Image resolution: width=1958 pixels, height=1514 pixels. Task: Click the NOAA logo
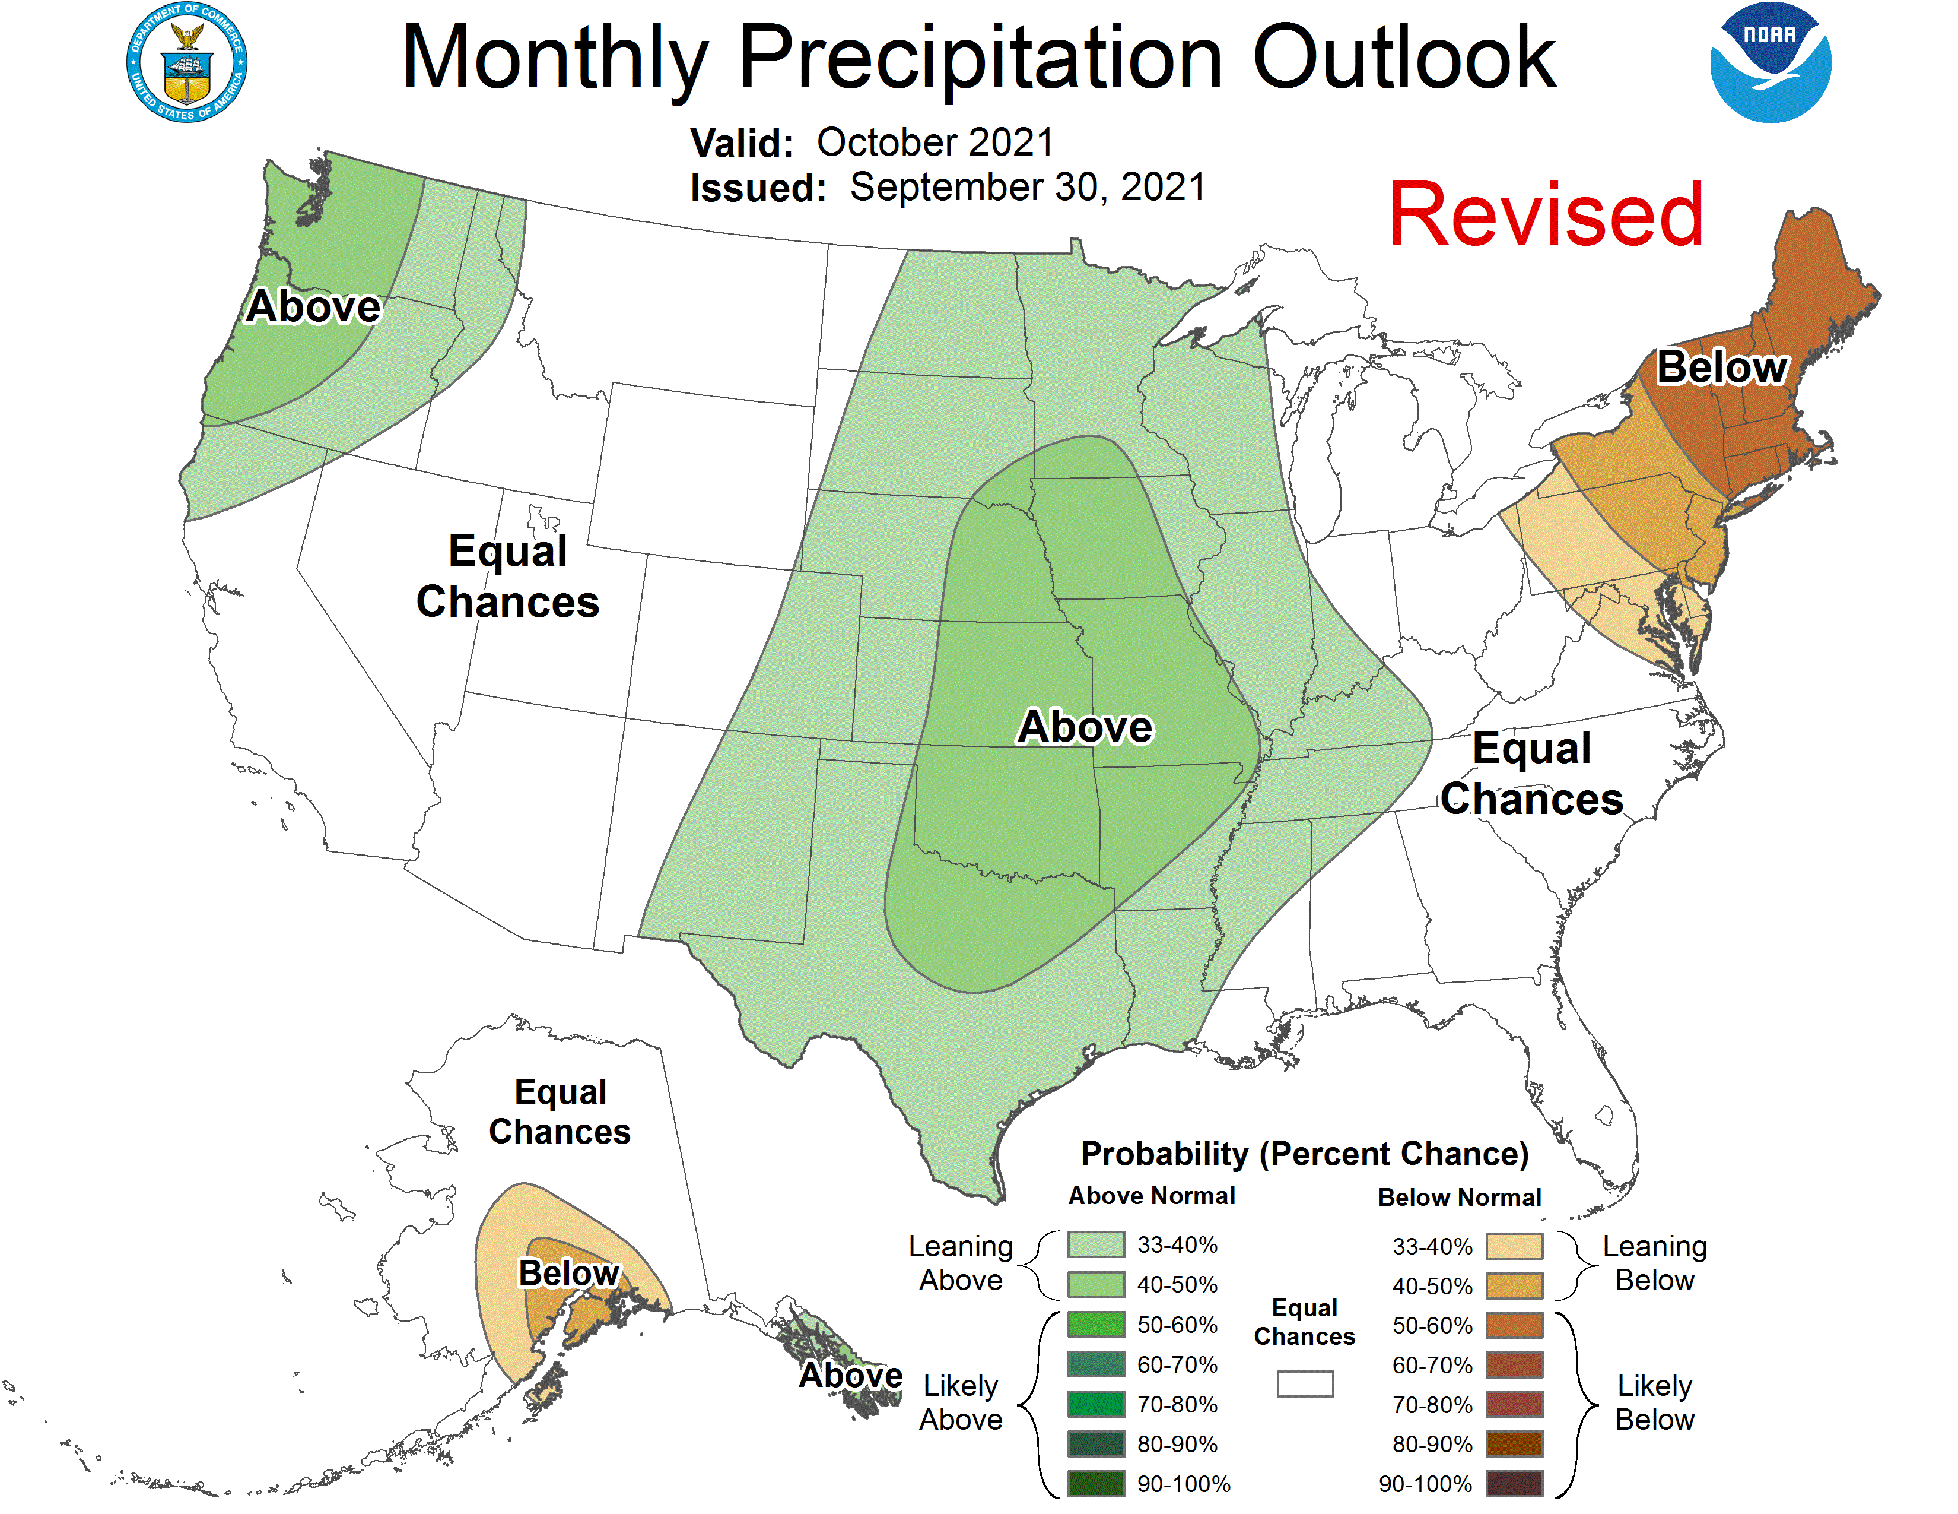(x=1770, y=63)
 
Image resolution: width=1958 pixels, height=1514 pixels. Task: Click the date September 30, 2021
(x=1028, y=188)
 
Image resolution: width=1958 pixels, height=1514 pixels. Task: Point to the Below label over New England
(x=1721, y=367)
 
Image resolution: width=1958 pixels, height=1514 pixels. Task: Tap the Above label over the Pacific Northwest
(x=314, y=307)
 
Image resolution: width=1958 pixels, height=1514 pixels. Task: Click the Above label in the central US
(x=1085, y=727)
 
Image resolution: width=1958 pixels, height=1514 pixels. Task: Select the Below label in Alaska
(x=568, y=1273)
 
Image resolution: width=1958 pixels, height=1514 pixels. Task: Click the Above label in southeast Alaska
(x=850, y=1375)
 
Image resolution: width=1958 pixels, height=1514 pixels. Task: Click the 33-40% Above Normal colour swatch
(x=1095, y=1245)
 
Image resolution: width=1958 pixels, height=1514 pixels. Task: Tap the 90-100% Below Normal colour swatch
(x=1514, y=1484)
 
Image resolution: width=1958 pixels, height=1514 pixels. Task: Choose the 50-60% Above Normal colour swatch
(x=1095, y=1325)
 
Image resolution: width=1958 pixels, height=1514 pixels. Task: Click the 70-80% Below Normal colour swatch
(x=1514, y=1405)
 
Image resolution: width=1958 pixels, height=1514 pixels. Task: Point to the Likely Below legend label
(x=1654, y=1403)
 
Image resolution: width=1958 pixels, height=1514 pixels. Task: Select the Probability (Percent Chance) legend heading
(x=1304, y=1154)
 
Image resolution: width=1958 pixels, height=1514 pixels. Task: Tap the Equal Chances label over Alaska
(x=560, y=1112)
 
